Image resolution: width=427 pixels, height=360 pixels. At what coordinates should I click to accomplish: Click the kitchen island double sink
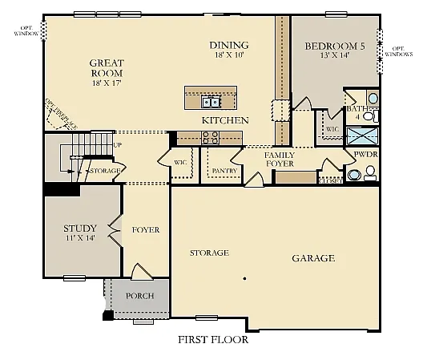211,102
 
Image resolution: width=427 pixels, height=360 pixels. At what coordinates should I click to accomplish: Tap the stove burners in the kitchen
211,139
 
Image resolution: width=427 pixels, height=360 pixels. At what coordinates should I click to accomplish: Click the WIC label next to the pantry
180,163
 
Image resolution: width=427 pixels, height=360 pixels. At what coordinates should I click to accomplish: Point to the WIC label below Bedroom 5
332,128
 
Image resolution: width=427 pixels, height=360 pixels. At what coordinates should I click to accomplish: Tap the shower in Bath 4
363,135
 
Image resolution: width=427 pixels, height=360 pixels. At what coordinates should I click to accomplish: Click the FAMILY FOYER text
280,159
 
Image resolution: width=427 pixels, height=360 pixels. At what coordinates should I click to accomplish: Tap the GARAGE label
312,258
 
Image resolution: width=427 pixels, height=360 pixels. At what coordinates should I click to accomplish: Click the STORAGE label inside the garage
209,253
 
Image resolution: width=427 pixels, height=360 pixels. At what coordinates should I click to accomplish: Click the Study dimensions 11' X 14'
79,238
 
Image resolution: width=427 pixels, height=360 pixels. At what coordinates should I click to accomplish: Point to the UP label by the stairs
118,145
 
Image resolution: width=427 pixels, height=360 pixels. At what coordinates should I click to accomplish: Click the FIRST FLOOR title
212,339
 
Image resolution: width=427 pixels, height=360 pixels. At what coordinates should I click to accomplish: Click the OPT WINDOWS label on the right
398,51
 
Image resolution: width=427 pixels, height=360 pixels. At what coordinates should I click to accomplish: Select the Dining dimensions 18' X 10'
228,56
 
